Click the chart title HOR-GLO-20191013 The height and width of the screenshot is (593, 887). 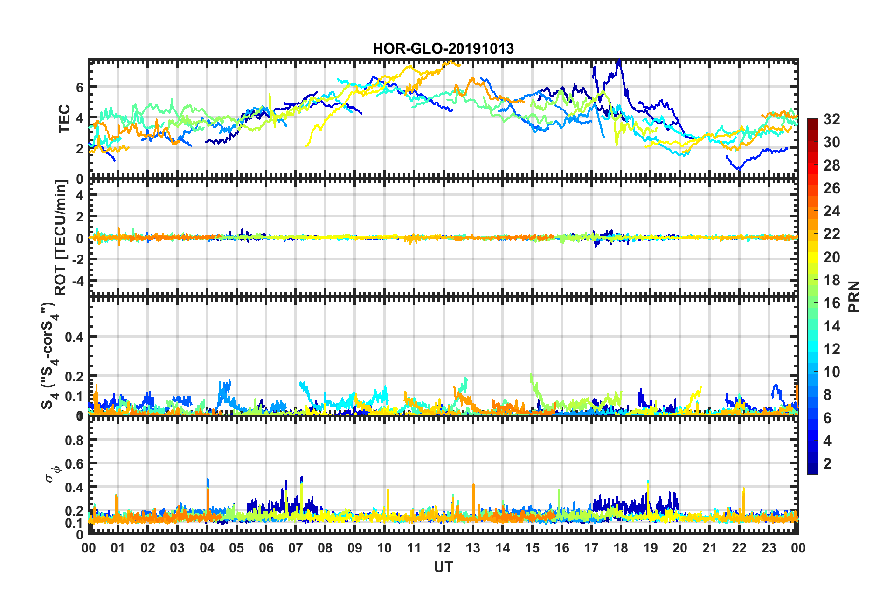(x=443, y=48)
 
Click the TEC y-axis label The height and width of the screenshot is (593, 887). (x=64, y=119)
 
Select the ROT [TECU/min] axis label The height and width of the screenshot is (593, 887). (x=61, y=237)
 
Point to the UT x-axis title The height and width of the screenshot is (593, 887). (x=443, y=567)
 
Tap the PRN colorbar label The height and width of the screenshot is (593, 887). (x=854, y=296)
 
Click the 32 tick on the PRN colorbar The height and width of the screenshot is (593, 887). (x=832, y=119)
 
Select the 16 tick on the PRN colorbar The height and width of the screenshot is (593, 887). (x=832, y=303)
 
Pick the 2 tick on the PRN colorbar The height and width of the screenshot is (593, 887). (x=828, y=463)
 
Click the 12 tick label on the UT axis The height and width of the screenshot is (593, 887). (x=443, y=548)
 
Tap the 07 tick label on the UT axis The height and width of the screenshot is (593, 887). (x=296, y=548)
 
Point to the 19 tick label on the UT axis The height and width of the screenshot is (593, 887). (x=650, y=548)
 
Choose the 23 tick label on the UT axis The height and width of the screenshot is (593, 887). (x=769, y=548)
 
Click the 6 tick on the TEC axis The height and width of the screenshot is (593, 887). (x=80, y=87)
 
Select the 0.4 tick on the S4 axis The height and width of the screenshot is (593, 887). (x=74, y=337)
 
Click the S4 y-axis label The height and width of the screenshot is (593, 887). (x=49, y=355)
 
